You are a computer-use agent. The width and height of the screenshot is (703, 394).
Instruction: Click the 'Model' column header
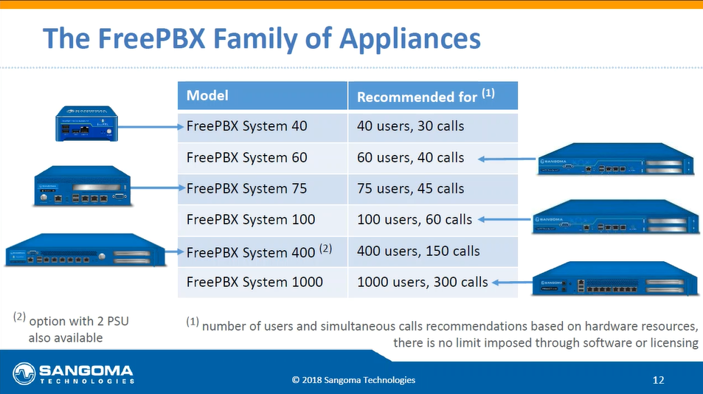tap(263, 95)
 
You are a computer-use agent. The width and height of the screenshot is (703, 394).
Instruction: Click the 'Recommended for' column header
tap(433, 95)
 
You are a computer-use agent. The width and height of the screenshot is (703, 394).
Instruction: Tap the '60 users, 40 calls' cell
tap(433, 158)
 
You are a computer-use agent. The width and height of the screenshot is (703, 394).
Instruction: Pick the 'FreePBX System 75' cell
tap(263, 189)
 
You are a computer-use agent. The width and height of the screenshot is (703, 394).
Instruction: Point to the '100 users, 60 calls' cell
tap(433, 220)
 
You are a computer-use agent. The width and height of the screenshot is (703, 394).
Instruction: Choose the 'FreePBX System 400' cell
tap(263, 252)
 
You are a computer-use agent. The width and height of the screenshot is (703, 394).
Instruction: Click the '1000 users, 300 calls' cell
tap(433, 283)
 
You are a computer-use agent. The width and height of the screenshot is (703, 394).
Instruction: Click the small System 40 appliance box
tap(86, 124)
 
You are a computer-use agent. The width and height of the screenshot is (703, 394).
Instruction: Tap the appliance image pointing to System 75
tap(83, 186)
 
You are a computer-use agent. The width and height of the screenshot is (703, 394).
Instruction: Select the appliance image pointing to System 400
tap(85, 250)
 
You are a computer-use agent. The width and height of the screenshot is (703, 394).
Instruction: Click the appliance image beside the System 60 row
tap(616, 159)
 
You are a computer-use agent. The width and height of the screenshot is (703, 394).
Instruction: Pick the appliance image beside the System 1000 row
tap(615, 278)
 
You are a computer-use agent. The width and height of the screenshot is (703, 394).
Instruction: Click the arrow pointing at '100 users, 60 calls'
tap(505, 219)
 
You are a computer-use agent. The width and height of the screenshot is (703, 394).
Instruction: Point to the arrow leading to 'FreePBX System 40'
tap(150, 127)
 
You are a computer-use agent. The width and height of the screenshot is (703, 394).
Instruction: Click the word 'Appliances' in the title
tap(410, 39)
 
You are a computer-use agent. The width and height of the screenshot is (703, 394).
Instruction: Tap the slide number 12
tap(658, 380)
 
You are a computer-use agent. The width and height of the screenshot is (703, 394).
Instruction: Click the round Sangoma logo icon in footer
tap(24, 373)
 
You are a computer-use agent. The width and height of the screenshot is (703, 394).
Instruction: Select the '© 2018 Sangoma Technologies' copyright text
tap(354, 380)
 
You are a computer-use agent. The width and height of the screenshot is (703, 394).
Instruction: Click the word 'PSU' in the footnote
tap(118, 322)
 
